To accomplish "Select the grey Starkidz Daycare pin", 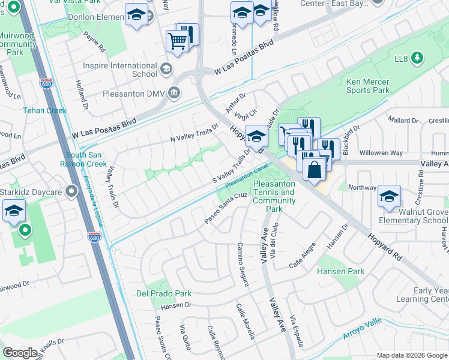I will [x=72, y=191].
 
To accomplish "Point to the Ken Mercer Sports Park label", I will [x=367, y=86].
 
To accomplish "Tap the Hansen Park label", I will [x=342, y=271].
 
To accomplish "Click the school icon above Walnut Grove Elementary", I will [x=389, y=196].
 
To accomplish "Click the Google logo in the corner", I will [x=20, y=353].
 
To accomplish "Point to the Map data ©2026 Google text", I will [x=411, y=355].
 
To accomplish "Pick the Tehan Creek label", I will [x=44, y=110].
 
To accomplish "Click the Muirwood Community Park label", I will [x=17, y=44].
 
